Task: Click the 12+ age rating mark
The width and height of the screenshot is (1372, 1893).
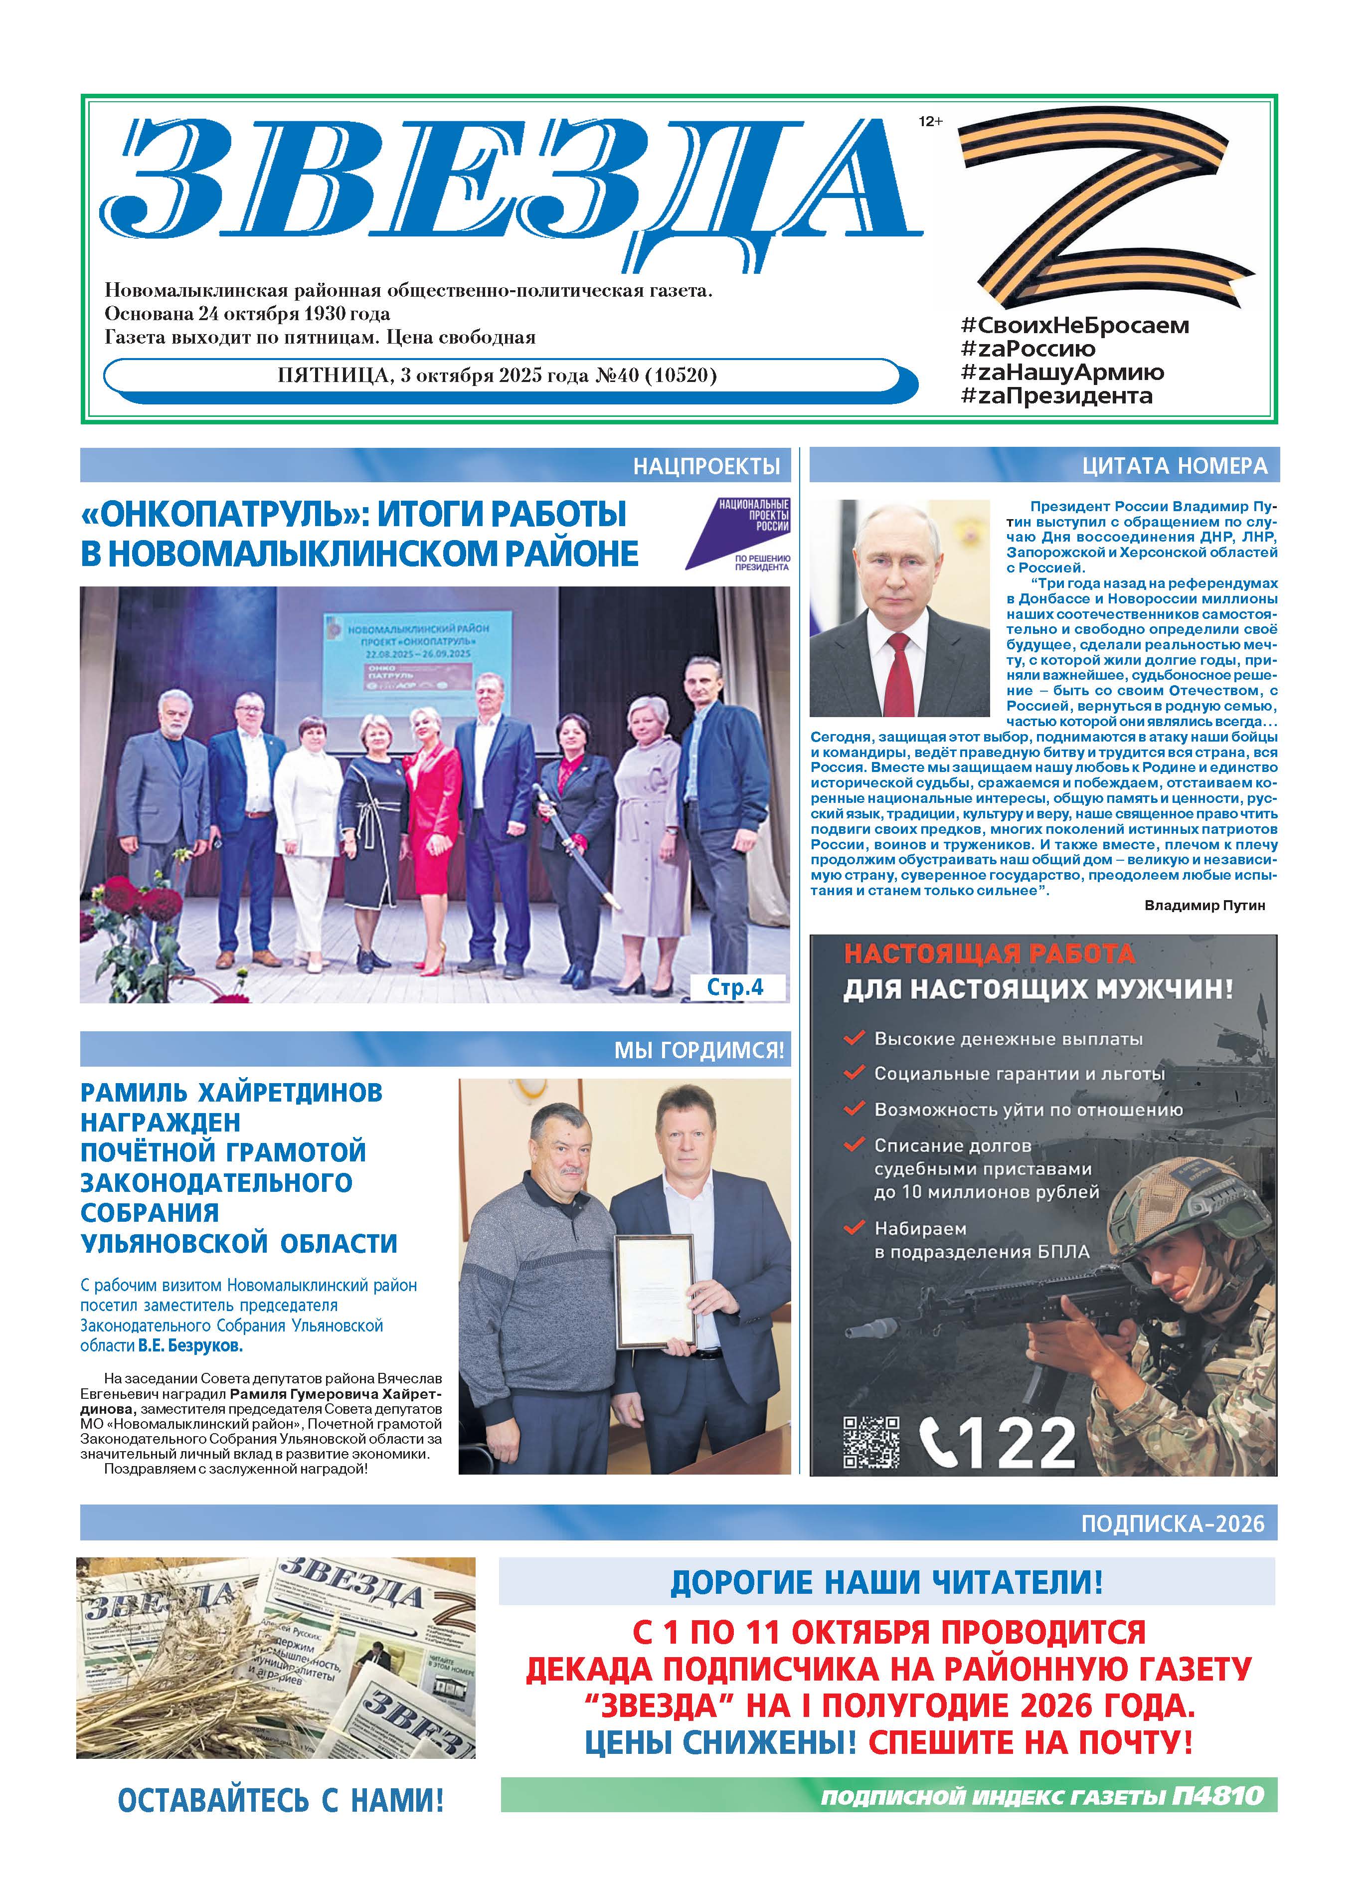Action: [930, 122]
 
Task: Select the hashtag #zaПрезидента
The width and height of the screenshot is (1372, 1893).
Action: [1056, 395]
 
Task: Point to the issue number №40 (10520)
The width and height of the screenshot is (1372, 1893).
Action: [656, 375]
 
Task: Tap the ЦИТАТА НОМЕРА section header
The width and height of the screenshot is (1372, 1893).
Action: [1174, 466]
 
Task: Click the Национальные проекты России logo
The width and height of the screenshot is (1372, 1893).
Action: [738, 534]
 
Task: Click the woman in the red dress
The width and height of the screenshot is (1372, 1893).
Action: [431, 826]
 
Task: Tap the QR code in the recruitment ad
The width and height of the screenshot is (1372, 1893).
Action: [870, 1442]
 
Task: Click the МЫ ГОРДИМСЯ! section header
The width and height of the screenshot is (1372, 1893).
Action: [699, 1050]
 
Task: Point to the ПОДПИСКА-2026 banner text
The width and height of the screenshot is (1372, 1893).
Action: [1173, 1524]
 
